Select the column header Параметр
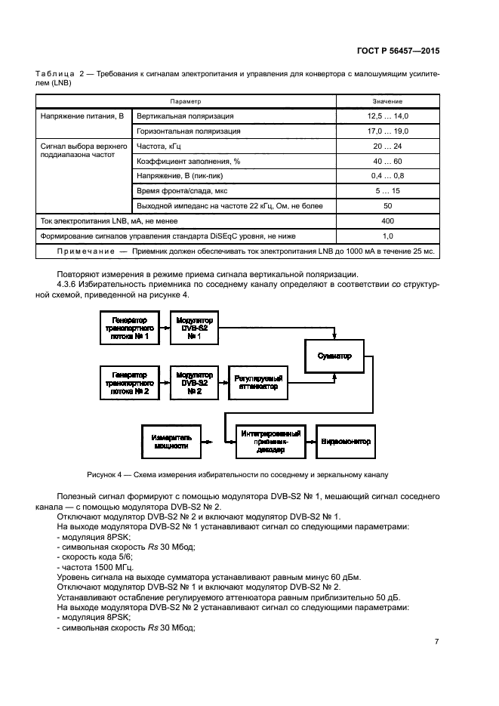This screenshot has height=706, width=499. (x=185, y=101)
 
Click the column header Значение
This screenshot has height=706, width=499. (x=387, y=101)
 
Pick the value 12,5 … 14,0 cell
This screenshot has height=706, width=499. (x=387, y=116)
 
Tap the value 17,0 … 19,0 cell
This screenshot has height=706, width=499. (x=387, y=131)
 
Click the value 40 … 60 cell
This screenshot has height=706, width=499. (x=387, y=161)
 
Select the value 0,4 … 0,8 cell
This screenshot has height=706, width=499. (x=387, y=175)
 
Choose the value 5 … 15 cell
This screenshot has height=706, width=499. (x=387, y=190)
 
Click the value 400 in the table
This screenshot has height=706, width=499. (x=387, y=220)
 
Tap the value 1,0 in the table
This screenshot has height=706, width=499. (x=387, y=235)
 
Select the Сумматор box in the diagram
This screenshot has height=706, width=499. (x=334, y=356)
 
